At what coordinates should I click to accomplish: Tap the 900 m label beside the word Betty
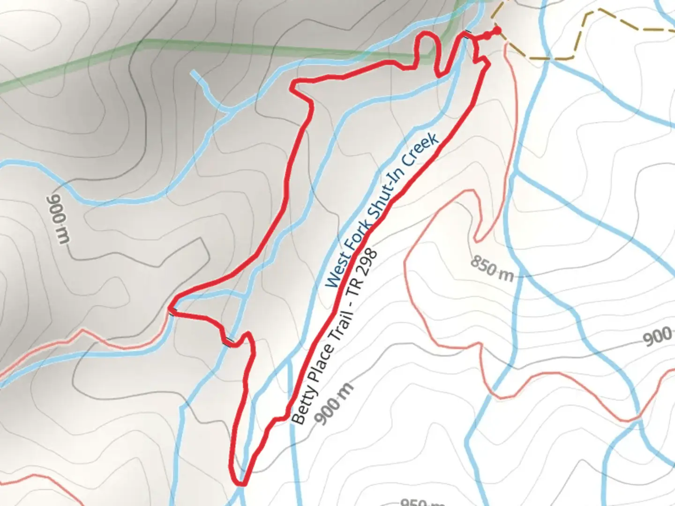coord(335,404)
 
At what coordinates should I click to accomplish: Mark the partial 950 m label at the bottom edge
coord(422,502)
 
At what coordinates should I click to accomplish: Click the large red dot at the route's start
coord(497,31)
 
